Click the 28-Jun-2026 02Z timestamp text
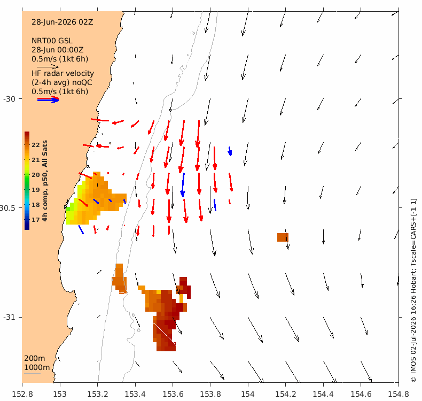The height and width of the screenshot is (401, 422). pos(62,22)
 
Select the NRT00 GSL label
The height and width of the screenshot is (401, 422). pos(52,41)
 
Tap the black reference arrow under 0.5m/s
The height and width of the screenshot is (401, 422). pos(48,66)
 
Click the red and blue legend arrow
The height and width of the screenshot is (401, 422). pos(48,99)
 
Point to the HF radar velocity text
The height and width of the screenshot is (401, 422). pos(62,73)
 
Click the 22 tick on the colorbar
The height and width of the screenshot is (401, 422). pos(36,145)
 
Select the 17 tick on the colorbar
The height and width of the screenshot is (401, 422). pos(36,220)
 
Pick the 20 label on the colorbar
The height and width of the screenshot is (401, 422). pos(36,175)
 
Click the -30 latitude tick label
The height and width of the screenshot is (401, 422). pos(10,99)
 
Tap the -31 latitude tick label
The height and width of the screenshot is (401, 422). pos(10,317)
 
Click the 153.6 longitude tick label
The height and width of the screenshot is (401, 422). pos(173,394)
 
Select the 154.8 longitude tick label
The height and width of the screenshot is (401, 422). pos(398,394)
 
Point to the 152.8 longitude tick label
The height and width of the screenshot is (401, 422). pos(22,394)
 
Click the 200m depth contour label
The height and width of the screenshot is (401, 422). pos(34,358)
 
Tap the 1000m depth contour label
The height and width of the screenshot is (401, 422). pos(37,367)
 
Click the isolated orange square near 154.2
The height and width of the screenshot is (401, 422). pos(283,237)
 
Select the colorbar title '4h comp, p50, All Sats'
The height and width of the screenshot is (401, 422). pos(45,181)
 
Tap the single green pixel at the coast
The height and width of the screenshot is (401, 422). pos(68,209)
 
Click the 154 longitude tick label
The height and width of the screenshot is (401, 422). pos(248,394)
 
